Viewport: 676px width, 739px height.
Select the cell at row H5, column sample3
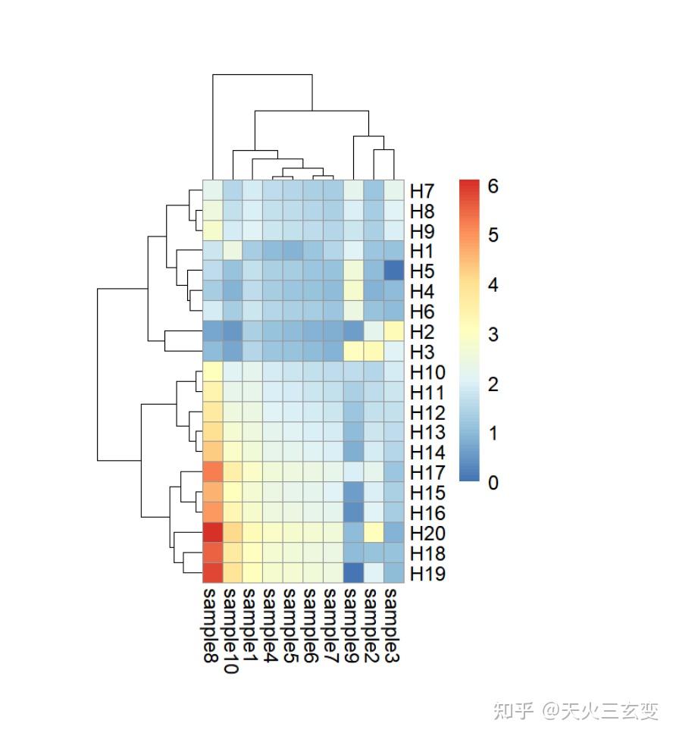tap(394, 271)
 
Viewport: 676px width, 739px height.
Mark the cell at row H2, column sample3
tap(394, 331)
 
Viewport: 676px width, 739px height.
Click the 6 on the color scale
tap(493, 186)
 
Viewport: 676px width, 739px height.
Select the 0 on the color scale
tap(493, 483)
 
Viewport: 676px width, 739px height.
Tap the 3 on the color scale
tap(493, 334)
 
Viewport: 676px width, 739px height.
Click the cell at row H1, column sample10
tap(233, 250)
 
